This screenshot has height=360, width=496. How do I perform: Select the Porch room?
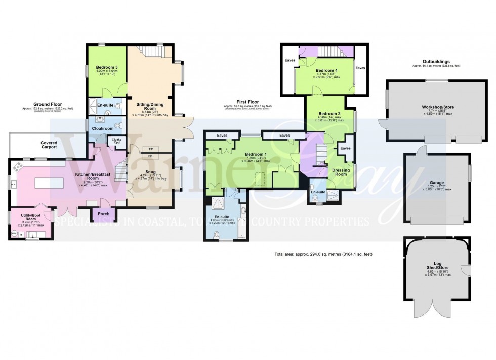click(103, 213)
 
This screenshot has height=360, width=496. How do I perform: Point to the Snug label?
click(150, 170)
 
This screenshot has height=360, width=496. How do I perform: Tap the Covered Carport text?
click(49, 145)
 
